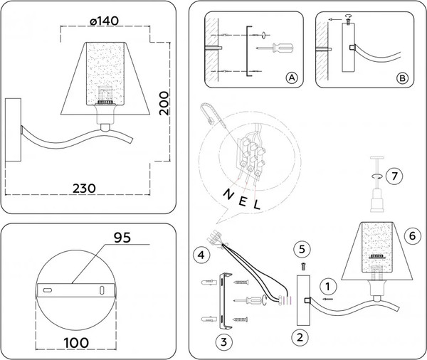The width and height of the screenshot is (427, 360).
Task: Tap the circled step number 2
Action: [301, 337]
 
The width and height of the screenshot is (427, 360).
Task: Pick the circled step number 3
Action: [224, 342]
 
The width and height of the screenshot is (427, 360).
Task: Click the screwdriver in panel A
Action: [276, 48]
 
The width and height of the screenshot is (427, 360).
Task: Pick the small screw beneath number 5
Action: [301, 265]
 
